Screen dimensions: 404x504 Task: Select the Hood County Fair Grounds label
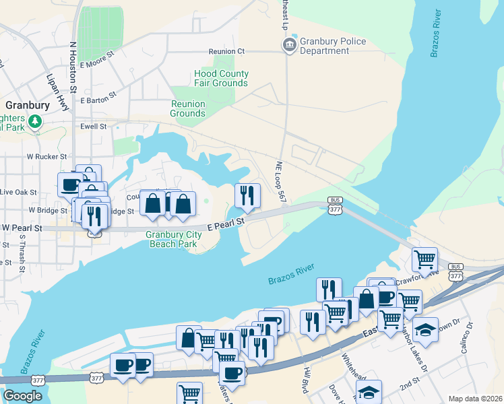point(221,78)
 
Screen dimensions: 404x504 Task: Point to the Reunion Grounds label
point(187,108)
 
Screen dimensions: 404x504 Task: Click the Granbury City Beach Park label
point(174,239)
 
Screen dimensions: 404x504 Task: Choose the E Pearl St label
point(225,223)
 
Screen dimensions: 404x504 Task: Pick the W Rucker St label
point(46,156)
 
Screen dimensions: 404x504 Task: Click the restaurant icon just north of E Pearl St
point(247,196)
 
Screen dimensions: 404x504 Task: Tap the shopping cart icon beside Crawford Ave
point(424,259)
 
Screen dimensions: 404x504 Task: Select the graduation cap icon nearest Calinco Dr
point(425,330)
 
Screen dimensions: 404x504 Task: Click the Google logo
point(22,396)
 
